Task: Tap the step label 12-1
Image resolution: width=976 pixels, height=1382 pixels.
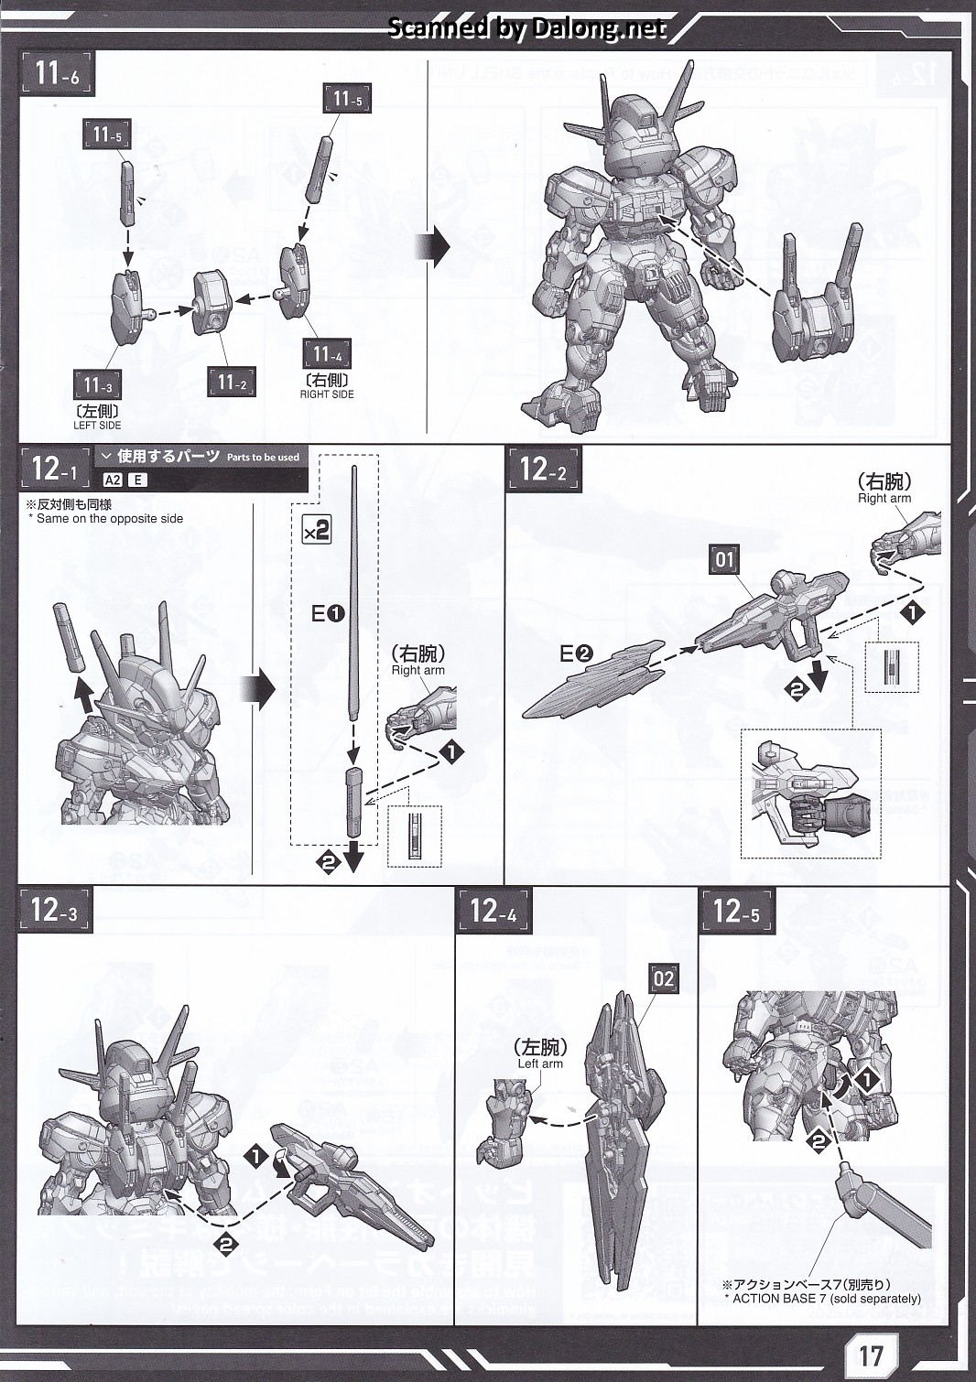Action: (x=56, y=469)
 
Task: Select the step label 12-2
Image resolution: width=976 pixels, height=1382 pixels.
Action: (x=544, y=470)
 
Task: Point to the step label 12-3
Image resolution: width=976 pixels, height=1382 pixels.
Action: (x=54, y=910)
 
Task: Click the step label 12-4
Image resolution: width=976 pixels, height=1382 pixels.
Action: (x=493, y=910)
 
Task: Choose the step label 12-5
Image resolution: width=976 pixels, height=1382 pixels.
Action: (x=736, y=910)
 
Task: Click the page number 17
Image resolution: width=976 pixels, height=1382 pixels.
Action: (x=870, y=1352)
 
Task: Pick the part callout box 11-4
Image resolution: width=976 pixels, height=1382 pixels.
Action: (x=327, y=354)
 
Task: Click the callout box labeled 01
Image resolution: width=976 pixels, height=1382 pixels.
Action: (x=724, y=558)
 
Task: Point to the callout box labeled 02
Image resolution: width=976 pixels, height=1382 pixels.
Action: (x=664, y=979)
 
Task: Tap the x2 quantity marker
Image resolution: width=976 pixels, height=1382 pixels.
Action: (x=316, y=530)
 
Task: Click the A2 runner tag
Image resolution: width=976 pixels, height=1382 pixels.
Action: (x=112, y=480)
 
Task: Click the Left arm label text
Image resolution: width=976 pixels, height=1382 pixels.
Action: (x=540, y=1063)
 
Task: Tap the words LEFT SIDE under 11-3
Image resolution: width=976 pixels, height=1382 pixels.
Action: (x=97, y=425)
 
